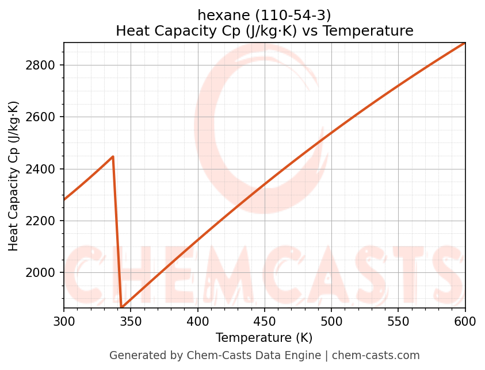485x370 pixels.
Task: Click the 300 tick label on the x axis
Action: click(64, 322)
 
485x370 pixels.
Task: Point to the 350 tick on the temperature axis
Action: click(131, 322)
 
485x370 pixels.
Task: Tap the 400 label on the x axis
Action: click(198, 322)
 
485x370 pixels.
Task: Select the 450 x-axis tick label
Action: click(265, 322)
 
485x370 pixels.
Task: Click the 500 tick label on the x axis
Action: click(331, 322)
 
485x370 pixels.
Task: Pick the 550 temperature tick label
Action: click(398, 322)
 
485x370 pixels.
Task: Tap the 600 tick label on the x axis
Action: click(465, 322)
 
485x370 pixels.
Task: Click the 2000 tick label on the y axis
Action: click(40, 273)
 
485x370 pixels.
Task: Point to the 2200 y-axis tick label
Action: click(40, 221)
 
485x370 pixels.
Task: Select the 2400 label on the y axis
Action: click(40, 169)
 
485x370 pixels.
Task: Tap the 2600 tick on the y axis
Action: click(40, 117)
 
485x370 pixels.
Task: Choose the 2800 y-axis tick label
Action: click(40, 65)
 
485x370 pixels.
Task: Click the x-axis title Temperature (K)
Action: click(264, 338)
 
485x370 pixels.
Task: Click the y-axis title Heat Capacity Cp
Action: click(14, 176)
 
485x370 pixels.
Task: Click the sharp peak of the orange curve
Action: click(113, 156)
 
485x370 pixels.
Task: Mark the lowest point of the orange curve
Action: click(121, 307)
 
